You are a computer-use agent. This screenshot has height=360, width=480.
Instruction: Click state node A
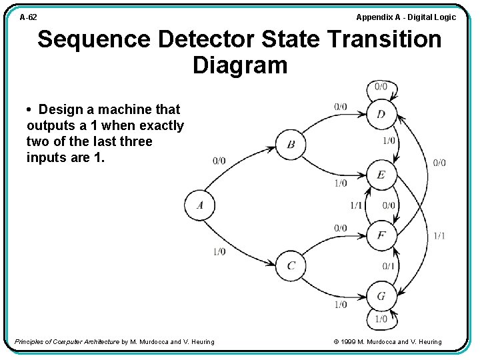199,205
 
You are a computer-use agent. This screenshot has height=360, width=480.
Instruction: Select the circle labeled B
291,145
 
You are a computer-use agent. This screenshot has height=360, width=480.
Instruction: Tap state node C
291,265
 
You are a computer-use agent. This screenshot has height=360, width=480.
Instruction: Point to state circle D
381,114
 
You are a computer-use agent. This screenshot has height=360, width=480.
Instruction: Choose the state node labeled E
381,175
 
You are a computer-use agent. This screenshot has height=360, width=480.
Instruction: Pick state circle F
381,235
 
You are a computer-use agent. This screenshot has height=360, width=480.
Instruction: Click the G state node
381,295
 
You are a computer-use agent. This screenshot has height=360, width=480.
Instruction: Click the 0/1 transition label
389,266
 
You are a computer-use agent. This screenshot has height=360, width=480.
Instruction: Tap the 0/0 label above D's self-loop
381,86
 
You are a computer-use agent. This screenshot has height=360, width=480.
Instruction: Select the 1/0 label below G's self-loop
381,319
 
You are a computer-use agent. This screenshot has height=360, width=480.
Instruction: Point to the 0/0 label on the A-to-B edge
219,161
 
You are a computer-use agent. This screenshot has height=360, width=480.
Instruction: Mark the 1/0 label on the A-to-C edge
219,251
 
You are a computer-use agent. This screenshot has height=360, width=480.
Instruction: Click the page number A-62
28,17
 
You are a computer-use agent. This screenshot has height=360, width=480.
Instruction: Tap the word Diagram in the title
240,65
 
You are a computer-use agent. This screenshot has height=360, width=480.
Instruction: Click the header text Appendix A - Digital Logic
406,17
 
